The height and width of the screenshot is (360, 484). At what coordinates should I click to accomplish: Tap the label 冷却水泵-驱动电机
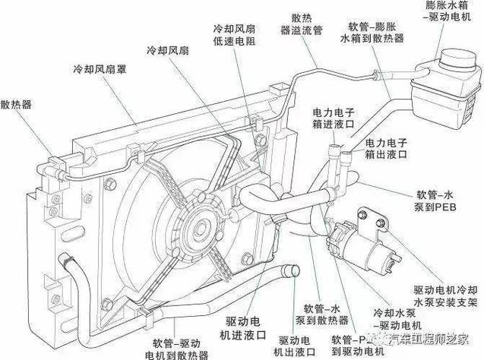point(396,318)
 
